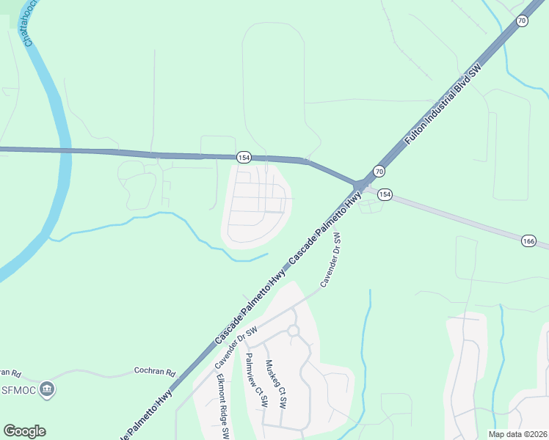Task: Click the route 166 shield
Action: pyautogui.click(x=529, y=241)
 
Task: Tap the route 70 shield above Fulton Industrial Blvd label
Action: pyautogui.click(x=521, y=21)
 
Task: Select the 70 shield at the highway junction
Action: pyautogui.click(x=379, y=171)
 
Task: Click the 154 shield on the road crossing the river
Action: pyautogui.click(x=244, y=158)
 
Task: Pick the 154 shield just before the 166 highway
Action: pyautogui.click(x=385, y=195)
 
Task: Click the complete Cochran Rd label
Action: pyautogui.click(x=155, y=372)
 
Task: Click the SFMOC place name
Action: pyautogui.click(x=17, y=389)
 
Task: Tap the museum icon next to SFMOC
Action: pyautogui.click(x=48, y=388)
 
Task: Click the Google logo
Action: pyautogui.click(x=24, y=431)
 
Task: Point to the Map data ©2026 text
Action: pyautogui.click(x=517, y=434)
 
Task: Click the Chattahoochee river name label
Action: pyautogui.click(x=32, y=26)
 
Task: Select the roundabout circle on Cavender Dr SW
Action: pyautogui.click(x=294, y=331)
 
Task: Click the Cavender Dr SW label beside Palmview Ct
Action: pyautogui.click(x=239, y=348)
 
